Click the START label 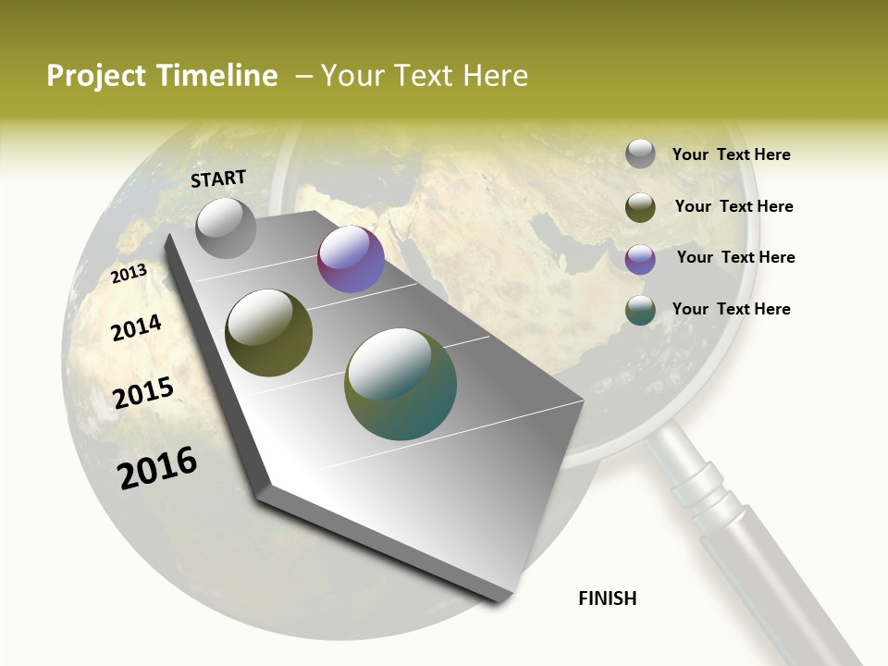pos(218,179)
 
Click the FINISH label pos(608,598)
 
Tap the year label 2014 pos(136,327)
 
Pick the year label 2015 pos(143,393)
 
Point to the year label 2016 pos(157,468)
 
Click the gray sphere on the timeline pos(227,228)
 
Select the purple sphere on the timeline pos(351,259)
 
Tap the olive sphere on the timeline pos(268,333)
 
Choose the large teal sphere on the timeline pos(400,384)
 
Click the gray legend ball pos(640,154)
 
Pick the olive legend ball pos(640,207)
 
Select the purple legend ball pos(640,259)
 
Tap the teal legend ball pos(640,311)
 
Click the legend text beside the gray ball pos(731,154)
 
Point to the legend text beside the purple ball pos(735,257)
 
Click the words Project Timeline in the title pos(162,76)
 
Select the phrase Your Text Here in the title pos(425,76)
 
